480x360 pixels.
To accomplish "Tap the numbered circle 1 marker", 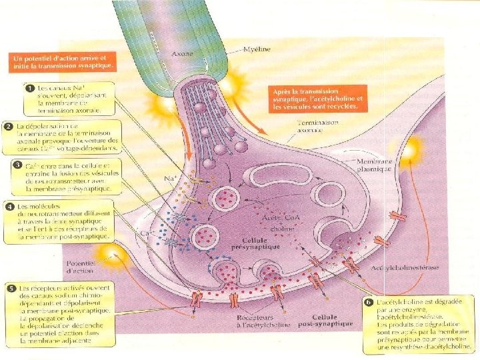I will (x=29, y=87).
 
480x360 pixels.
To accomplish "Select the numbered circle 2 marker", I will (x=9, y=127).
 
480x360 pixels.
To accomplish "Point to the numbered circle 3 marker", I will (x=17, y=164).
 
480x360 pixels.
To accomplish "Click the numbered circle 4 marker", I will (x=9, y=207).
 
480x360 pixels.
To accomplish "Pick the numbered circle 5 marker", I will (x=11, y=288).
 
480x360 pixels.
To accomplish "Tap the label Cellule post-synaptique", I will (x=326, y=322).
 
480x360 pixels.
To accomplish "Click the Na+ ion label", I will (x=170, y=179).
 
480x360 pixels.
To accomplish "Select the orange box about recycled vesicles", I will (x=317, y=99).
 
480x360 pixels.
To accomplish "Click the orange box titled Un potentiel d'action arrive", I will (x=64, y=62).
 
